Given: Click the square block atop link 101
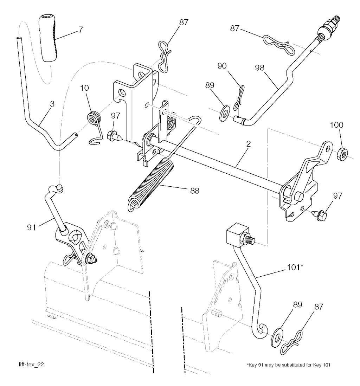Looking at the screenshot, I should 232,234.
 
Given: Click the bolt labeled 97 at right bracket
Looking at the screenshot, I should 320,214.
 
